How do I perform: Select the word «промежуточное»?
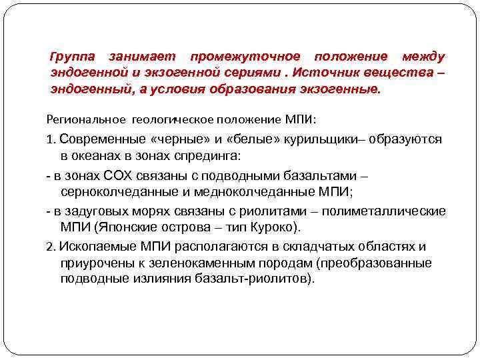point(245,57)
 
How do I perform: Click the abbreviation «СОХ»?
point(121,176)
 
